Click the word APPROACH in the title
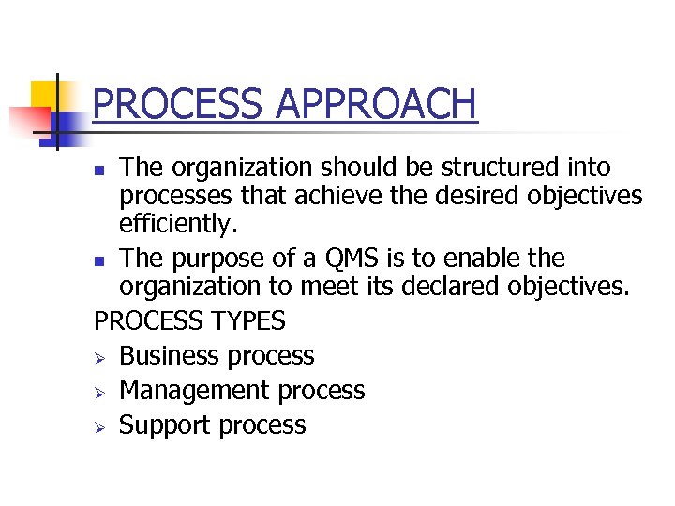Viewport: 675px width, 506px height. point(377,104)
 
